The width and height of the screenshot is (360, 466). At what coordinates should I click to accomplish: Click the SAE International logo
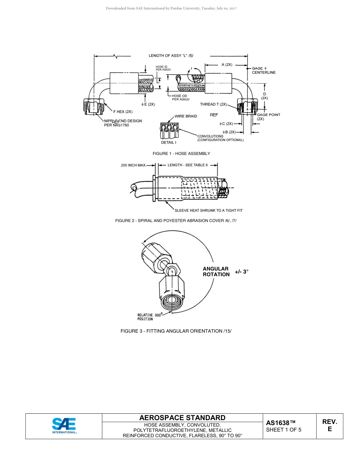point(64,426)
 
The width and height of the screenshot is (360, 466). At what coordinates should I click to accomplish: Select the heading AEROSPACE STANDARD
point(182,418)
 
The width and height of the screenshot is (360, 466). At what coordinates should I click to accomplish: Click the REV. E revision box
point(329,425)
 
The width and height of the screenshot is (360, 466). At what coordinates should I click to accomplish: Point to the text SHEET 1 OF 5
point(283,430)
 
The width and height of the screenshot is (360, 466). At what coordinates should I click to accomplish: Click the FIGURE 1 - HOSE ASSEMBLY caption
point(181,153)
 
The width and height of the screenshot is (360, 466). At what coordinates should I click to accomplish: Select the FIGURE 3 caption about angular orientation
point(176,331)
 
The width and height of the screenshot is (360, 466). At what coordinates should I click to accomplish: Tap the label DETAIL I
point(168,142)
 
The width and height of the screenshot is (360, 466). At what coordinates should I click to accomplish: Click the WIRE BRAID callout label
point(186,116)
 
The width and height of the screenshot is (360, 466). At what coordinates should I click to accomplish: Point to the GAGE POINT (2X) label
point(268,117)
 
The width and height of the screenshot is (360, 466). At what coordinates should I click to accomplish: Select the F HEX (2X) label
point(123,112)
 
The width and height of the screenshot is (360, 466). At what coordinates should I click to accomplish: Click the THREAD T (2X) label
point(213,104)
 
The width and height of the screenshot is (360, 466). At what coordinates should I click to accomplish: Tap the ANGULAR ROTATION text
point(216,272)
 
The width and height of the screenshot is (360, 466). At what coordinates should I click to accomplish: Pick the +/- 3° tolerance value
point(241,272)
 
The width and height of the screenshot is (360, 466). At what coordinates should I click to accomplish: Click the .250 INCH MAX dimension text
point(133,165)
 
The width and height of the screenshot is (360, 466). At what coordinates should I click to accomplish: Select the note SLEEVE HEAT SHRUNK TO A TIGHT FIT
point(208,210)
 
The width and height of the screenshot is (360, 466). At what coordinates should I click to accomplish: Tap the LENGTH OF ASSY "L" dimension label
point(171,56)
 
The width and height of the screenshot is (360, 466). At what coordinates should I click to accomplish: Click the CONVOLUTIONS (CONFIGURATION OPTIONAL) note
point(220,138)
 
